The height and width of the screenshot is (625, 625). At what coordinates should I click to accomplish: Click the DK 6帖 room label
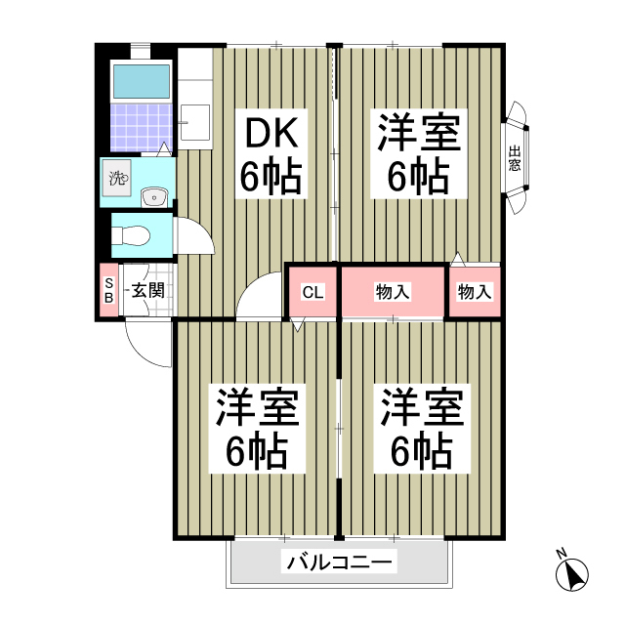(271, 154)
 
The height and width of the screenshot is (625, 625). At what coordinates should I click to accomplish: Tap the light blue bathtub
(141, 82)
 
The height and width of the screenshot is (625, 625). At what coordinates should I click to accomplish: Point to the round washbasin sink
(153, 198)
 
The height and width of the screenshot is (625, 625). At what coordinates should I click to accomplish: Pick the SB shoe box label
(108, 290)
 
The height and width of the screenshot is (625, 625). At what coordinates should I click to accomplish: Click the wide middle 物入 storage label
(393, 291)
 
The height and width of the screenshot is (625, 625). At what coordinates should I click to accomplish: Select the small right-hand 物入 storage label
(475, 291)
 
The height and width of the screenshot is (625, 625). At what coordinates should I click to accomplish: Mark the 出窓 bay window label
(514, 158)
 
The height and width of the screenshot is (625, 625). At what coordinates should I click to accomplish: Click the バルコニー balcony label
(340, 562)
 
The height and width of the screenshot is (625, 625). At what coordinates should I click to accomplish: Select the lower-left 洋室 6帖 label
(256, 429)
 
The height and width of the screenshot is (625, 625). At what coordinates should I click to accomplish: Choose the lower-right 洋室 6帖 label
(420, 429)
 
